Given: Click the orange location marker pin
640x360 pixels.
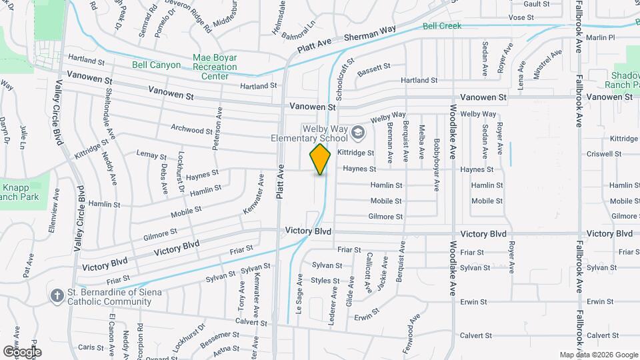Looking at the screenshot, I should pos(320,159).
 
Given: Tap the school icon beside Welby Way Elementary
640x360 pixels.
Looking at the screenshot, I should pos(358,133).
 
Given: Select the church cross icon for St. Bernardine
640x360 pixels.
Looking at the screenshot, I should pos(58,294).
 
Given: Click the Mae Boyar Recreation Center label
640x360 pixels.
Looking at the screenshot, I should pos(215,67).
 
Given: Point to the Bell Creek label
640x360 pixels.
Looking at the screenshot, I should pos(441,27).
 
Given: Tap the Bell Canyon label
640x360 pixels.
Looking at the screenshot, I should pos(156,65).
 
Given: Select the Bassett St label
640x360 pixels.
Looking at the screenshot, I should pos(373,69).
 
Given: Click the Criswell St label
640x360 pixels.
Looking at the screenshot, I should pos(623,153).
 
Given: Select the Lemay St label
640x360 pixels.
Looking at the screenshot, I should pos(151,155).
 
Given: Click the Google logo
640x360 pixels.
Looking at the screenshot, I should pos(22,351).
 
